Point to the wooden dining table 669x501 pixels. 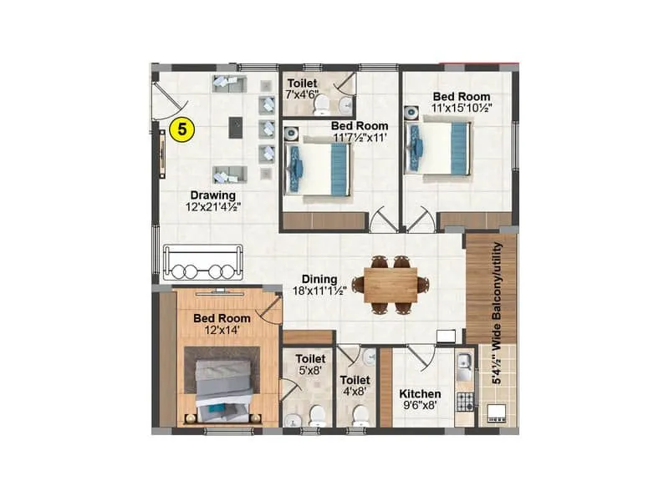(391, 284)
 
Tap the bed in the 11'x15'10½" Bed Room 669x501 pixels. (438, 148)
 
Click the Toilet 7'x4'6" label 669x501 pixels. (302, 89)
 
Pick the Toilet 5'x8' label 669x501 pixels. (310, 364)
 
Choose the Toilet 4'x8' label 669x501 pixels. (355, 385)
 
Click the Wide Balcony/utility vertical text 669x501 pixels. (497, 313)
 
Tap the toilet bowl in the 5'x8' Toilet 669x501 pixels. (316, 415)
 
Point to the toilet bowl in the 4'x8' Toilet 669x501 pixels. (360, 414)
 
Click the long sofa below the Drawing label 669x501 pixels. (203, 261)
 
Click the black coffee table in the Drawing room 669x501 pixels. (237, 128)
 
